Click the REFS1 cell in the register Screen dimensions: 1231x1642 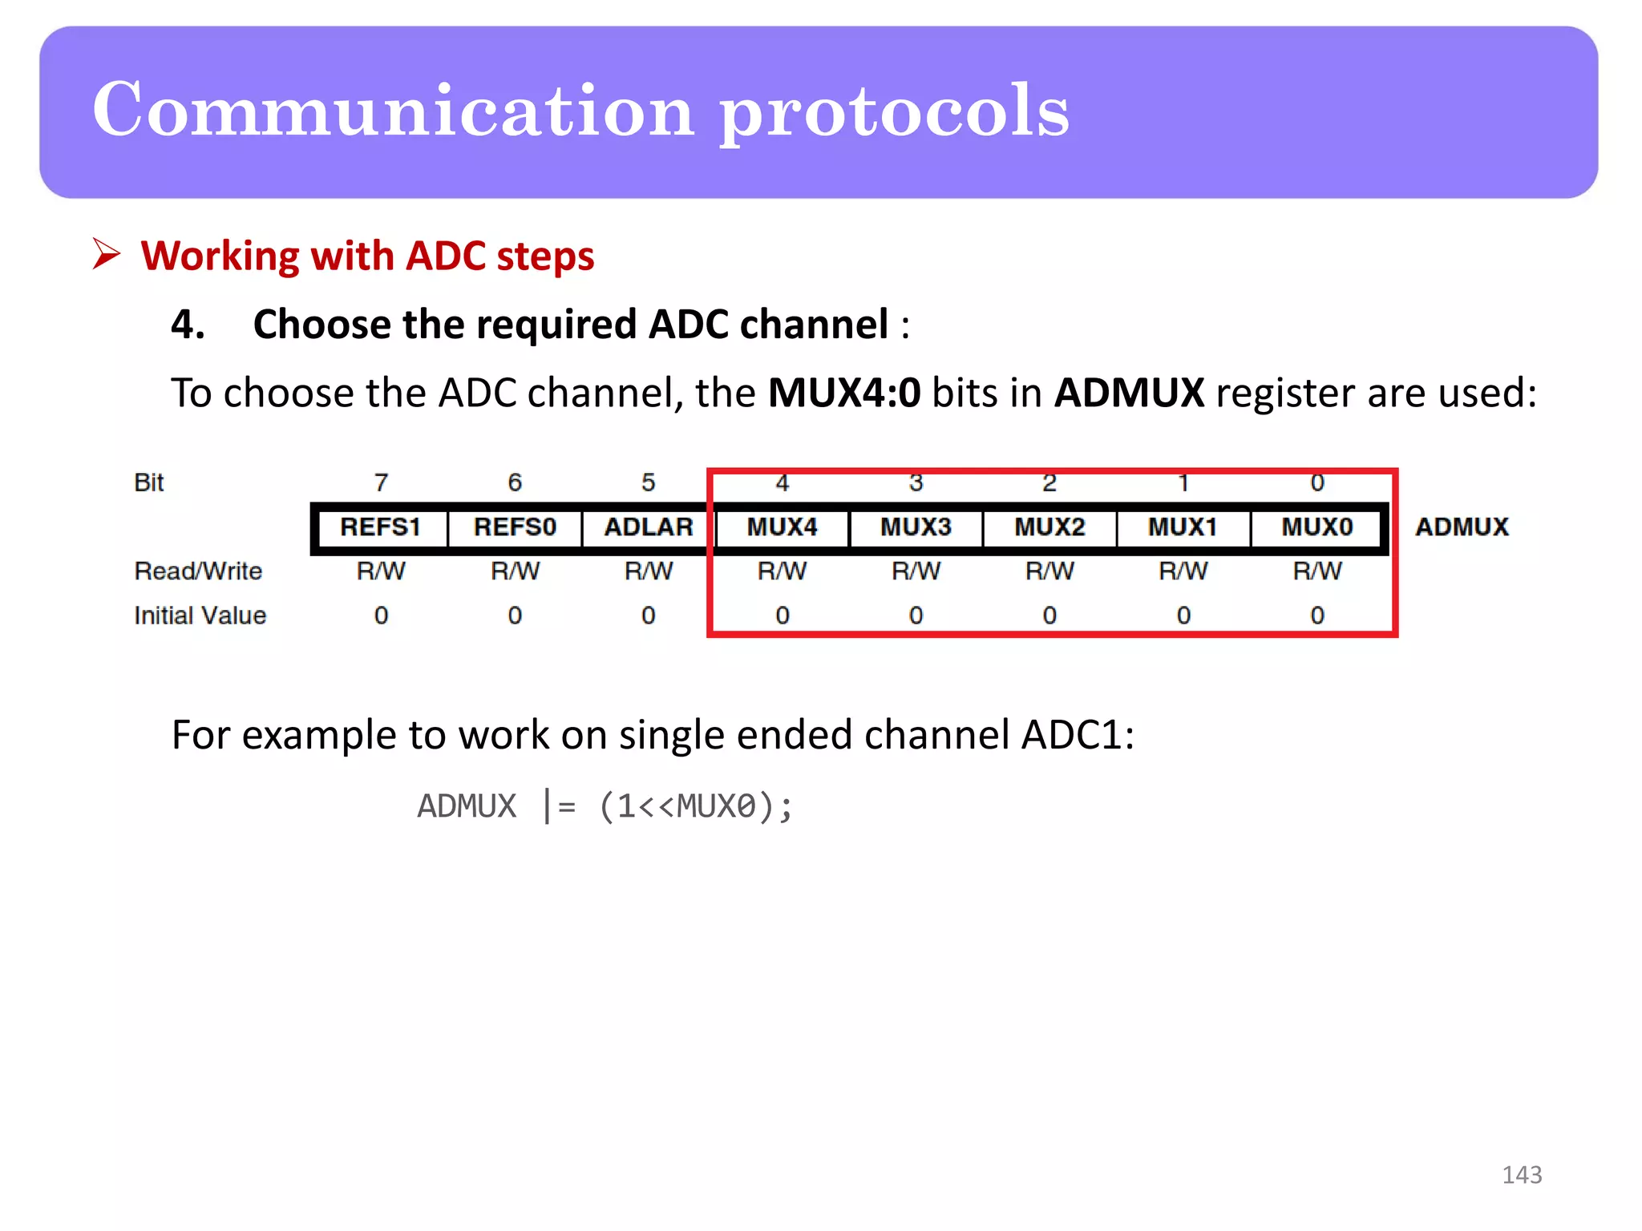pyautogui.click(x=380, y=527)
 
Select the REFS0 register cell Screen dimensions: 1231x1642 pyautogui.click(x=515, y=527)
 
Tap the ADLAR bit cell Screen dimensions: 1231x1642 pyautogui.click(x=648, y=527)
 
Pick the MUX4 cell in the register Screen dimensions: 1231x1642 pyautogui.click(x=782, y=527)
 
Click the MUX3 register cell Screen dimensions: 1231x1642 pyautogui.click(x=916, y=527)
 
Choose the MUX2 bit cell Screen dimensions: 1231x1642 pyautogui.click(x=1050, y=527)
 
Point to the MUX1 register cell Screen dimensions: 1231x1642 pyautogui.click(x=1183, y=527)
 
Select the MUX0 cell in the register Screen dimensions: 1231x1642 pyautogui.click(x=1316, y=527)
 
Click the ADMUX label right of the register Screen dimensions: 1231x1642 pyautogui.click(x=1462, y=527)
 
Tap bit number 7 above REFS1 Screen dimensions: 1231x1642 pyautogui.click(x=381, y=482)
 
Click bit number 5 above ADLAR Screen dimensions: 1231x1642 pyautogui.click(x=648, y=482)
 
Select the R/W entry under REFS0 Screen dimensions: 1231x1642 pyautogui.click(x=515, y=571)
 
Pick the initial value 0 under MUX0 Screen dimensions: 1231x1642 pyautogui.click(x=1317, y=615)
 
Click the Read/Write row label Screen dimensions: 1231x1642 pyautogui.click(x=198, y=571)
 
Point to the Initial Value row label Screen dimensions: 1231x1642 pyautogui.click(x=200, y=615)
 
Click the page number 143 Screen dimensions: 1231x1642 pyautogui.click(x=1521, y=1175)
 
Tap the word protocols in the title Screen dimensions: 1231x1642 pyautogui.click(x=893, y=112)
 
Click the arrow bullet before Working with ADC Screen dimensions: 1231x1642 pyautogui.click(x=106, y=255)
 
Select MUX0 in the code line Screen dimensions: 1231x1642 pyautogui.click(x=716, y=806)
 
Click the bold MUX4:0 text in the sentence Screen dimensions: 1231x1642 pyautogui.click(x=844, y=394)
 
